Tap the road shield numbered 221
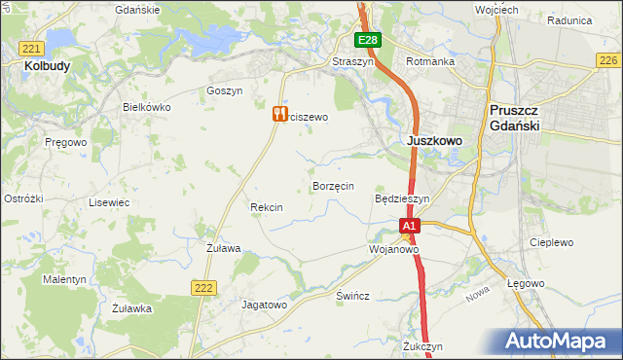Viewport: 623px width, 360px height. click(x=32, y=49)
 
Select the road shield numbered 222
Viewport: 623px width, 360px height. click(x=202, y=286)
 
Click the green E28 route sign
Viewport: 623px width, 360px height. click(x=367, y=40)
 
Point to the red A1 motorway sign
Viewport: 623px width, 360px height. click(x=410, y=226)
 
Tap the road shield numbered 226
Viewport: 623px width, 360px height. click(x=607, y=60)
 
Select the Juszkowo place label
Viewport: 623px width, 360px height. click(x=433, y=140)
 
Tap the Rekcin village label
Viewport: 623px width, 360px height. click(x=266, y=207)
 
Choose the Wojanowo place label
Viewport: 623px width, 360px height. click(x=393, y=249)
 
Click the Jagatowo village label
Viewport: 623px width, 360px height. click(x=265, y=305)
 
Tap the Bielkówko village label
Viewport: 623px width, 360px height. click(x=146, y=107)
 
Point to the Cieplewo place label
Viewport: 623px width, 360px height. click(x=551, y=242)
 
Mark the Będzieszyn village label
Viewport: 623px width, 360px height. click(x=402, y=198)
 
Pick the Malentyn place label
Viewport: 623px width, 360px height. click(x=64, y=279)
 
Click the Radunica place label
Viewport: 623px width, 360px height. click(x=570, y=19)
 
